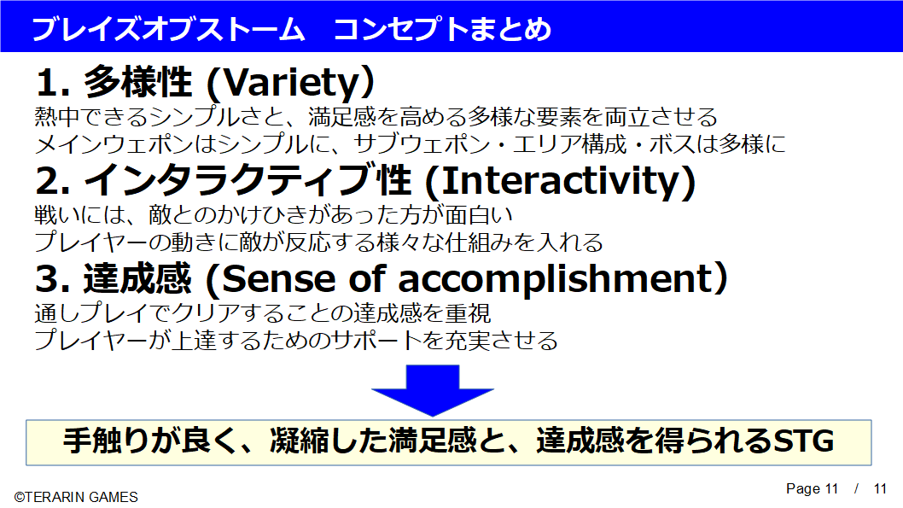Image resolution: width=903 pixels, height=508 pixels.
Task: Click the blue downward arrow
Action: [433, 390]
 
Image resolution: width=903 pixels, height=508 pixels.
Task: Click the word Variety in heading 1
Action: [290, 82]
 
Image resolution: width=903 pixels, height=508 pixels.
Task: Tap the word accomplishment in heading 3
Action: [554, 280]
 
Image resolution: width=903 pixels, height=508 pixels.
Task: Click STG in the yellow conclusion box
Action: [803, 441]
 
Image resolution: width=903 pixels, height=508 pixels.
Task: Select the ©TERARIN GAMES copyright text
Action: [76, 497]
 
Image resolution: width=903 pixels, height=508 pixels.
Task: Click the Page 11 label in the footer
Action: [812, 488]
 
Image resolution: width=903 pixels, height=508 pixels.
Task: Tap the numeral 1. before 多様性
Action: [53, 82]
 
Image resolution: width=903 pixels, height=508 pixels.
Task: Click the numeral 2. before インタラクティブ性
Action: [53, 181]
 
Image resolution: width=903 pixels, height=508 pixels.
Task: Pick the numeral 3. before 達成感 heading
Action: [53, 279]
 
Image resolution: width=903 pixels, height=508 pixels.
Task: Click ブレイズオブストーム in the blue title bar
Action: [168, 29]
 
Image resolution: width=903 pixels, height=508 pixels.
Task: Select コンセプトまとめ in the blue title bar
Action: [442, 29]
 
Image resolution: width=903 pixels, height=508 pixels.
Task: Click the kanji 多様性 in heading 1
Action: [138, 82]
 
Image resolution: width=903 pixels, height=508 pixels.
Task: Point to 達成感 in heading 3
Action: [137, 279]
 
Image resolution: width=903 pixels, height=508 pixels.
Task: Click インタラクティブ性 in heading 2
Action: [248, 180]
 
